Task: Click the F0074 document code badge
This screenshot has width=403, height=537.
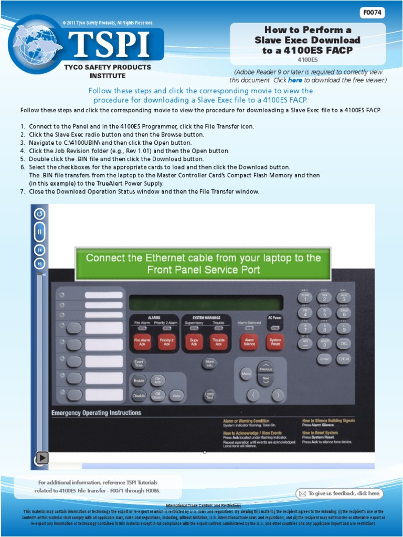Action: [x=372, y=13]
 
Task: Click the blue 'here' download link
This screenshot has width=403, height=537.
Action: [x=295, y=80]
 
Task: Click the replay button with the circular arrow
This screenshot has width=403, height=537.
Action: [x=39, y=214]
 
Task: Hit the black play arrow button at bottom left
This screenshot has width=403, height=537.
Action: [x=41, y=458]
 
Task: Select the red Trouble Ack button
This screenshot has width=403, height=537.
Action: [x=219, y=341]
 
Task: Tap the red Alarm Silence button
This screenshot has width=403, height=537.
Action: [x=249, y=341]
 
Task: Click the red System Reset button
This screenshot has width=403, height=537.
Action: [x=274, y=341]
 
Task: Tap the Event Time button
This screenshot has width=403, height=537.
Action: [x=139, y=363]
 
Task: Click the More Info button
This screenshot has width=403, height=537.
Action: [x=209, y=363]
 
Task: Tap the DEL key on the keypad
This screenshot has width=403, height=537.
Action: [x=344, y=343]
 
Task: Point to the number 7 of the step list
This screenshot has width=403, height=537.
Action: [x=23, y=192]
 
